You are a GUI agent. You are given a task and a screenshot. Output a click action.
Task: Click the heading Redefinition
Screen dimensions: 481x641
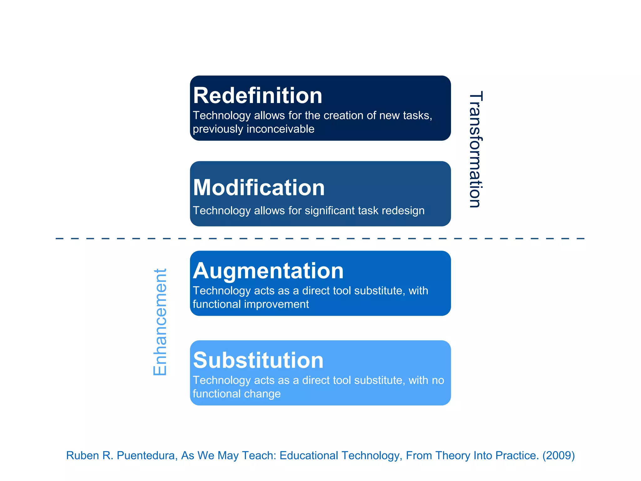pos(258,96)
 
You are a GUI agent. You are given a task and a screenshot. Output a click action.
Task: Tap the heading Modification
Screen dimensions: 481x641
pos(259,188)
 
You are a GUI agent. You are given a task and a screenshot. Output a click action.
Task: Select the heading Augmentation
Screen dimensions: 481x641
pos(268,271)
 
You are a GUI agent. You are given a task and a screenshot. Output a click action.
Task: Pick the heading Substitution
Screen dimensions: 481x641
pos(258,360)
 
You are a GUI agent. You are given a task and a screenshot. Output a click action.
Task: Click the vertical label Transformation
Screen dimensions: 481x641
pos(476,149)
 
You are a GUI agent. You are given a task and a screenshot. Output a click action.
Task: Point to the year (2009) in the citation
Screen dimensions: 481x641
pos(558,455)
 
